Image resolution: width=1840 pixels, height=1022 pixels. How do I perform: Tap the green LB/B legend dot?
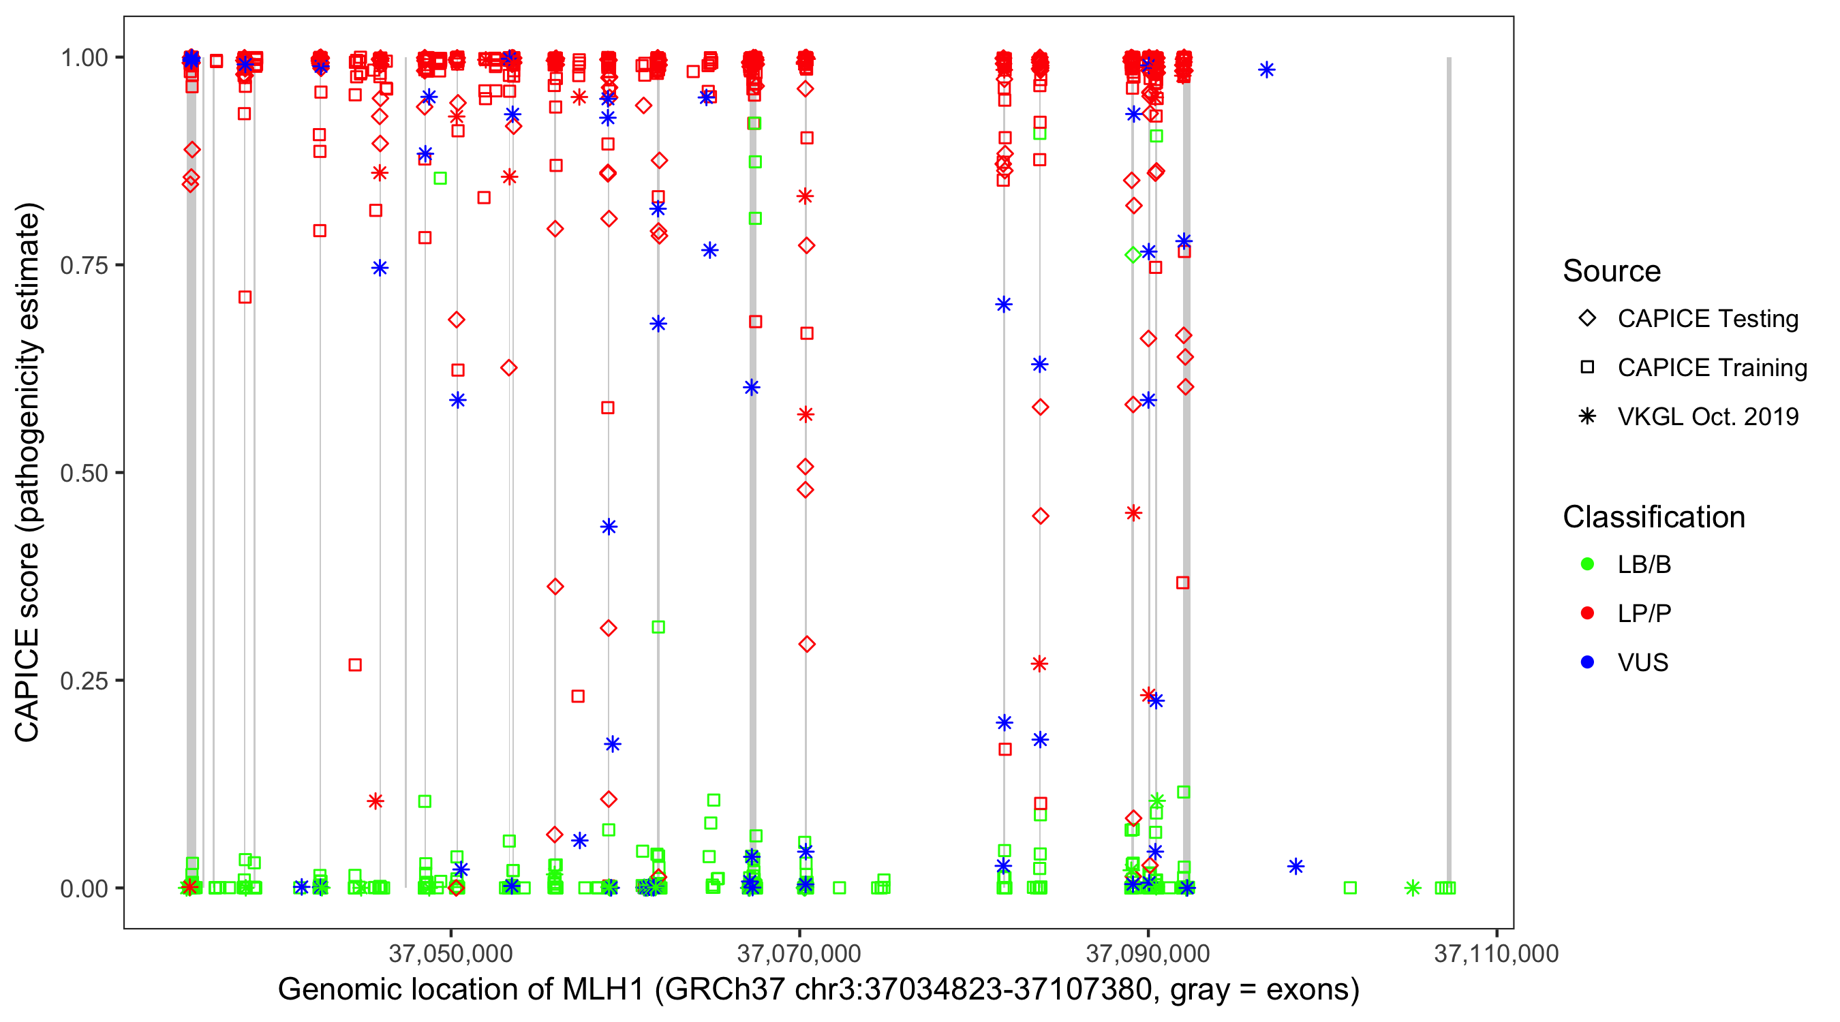[1587, 564]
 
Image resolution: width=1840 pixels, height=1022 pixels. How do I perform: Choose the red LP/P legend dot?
[1587, 613]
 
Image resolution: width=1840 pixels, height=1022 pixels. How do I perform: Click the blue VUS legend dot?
[1587, 662]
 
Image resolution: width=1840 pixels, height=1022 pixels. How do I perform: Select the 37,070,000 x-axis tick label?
[799, 953]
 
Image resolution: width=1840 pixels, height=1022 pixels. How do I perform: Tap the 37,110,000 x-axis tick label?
[1496, 953]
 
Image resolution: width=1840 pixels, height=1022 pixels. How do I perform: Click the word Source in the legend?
[1612, 271]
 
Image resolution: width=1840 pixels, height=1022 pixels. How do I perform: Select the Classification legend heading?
[1653, 517]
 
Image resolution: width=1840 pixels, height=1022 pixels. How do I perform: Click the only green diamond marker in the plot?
[1133, 255]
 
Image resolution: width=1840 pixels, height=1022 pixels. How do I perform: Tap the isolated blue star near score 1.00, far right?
[1266, 70]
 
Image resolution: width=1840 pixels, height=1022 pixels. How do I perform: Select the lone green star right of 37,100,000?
[1412, 888]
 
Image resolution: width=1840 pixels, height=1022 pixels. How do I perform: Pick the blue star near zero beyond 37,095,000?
[1295, 866]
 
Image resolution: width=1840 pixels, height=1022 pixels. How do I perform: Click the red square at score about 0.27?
[355, 665]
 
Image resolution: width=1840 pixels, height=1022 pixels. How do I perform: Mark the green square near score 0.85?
[440, 178]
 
